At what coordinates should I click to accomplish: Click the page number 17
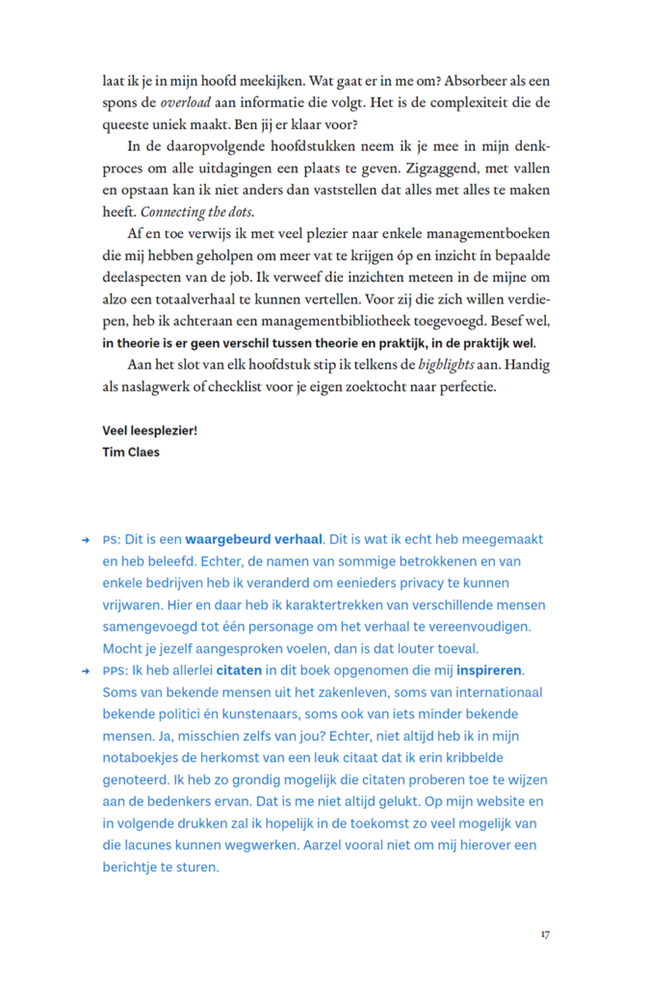tap(545, 933)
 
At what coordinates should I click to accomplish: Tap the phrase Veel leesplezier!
tap(149, 430)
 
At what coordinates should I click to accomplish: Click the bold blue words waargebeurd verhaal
tap(254, 539)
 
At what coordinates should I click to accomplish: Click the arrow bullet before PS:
tap(86, 540)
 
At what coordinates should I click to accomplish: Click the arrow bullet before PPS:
tap(86, 671)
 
